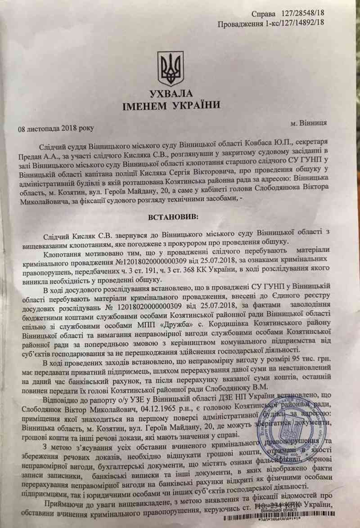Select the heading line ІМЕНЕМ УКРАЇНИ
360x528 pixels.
[x=171, y=106]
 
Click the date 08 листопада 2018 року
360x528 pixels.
[x=56, y=129]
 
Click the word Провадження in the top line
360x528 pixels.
[x=241, y=24]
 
